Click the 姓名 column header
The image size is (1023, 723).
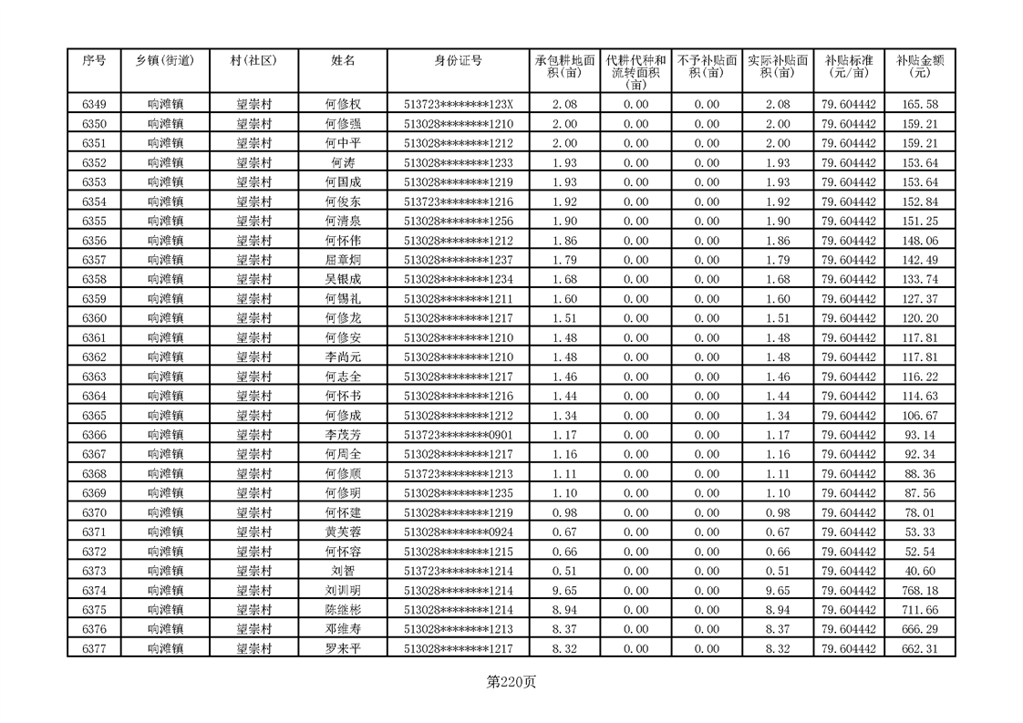tap(343, 61)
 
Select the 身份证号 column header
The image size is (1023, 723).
tap(459, 61)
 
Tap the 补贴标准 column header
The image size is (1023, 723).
tap(848, 67)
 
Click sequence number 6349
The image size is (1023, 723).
tap(94, 105)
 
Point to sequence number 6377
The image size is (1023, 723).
tap(94, 649)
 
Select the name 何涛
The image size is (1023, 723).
tap(343, 163)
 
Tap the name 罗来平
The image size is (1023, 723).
tap(343, 649)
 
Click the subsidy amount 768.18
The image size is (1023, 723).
tap(919, 591)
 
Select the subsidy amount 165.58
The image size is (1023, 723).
tap(919, 105)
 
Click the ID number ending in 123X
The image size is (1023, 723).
tap(459, 105)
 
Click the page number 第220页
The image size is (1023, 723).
tap(511, 681)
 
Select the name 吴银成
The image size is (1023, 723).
tap(343, 280)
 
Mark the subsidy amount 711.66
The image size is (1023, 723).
tap(919, 610)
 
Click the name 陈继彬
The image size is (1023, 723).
tap(343, 610)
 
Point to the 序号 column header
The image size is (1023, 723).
tap(94, 61)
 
